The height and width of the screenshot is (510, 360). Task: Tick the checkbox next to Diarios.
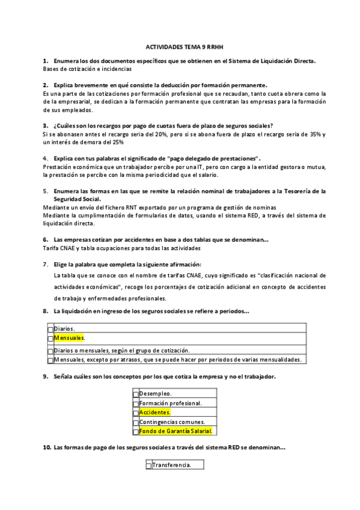tap(50, 330)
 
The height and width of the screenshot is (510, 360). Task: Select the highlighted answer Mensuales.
tap(69, 339)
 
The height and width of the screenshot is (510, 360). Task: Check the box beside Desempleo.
tap(136, 394)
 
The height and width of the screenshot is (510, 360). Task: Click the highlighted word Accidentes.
tap(154, 413)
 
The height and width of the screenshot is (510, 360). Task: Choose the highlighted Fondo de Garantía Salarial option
tap(177, 431)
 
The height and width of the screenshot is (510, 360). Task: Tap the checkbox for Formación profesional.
tap(136, 404)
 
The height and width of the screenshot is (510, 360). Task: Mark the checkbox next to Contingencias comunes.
tap(136, 422)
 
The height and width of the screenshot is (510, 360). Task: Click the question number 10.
tap(46, 447)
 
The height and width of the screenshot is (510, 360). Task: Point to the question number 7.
tap(45, 265)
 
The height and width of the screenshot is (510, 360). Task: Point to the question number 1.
tap(45, 61)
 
